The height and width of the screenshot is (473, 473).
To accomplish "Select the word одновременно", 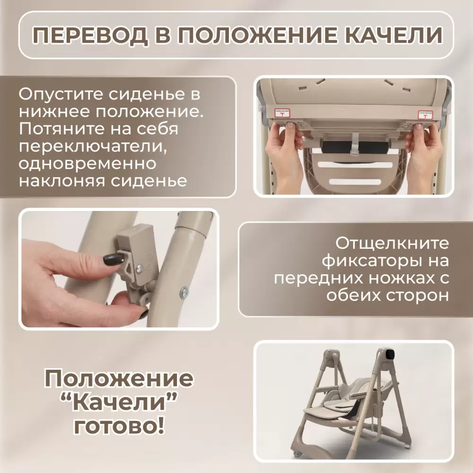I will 88,163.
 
